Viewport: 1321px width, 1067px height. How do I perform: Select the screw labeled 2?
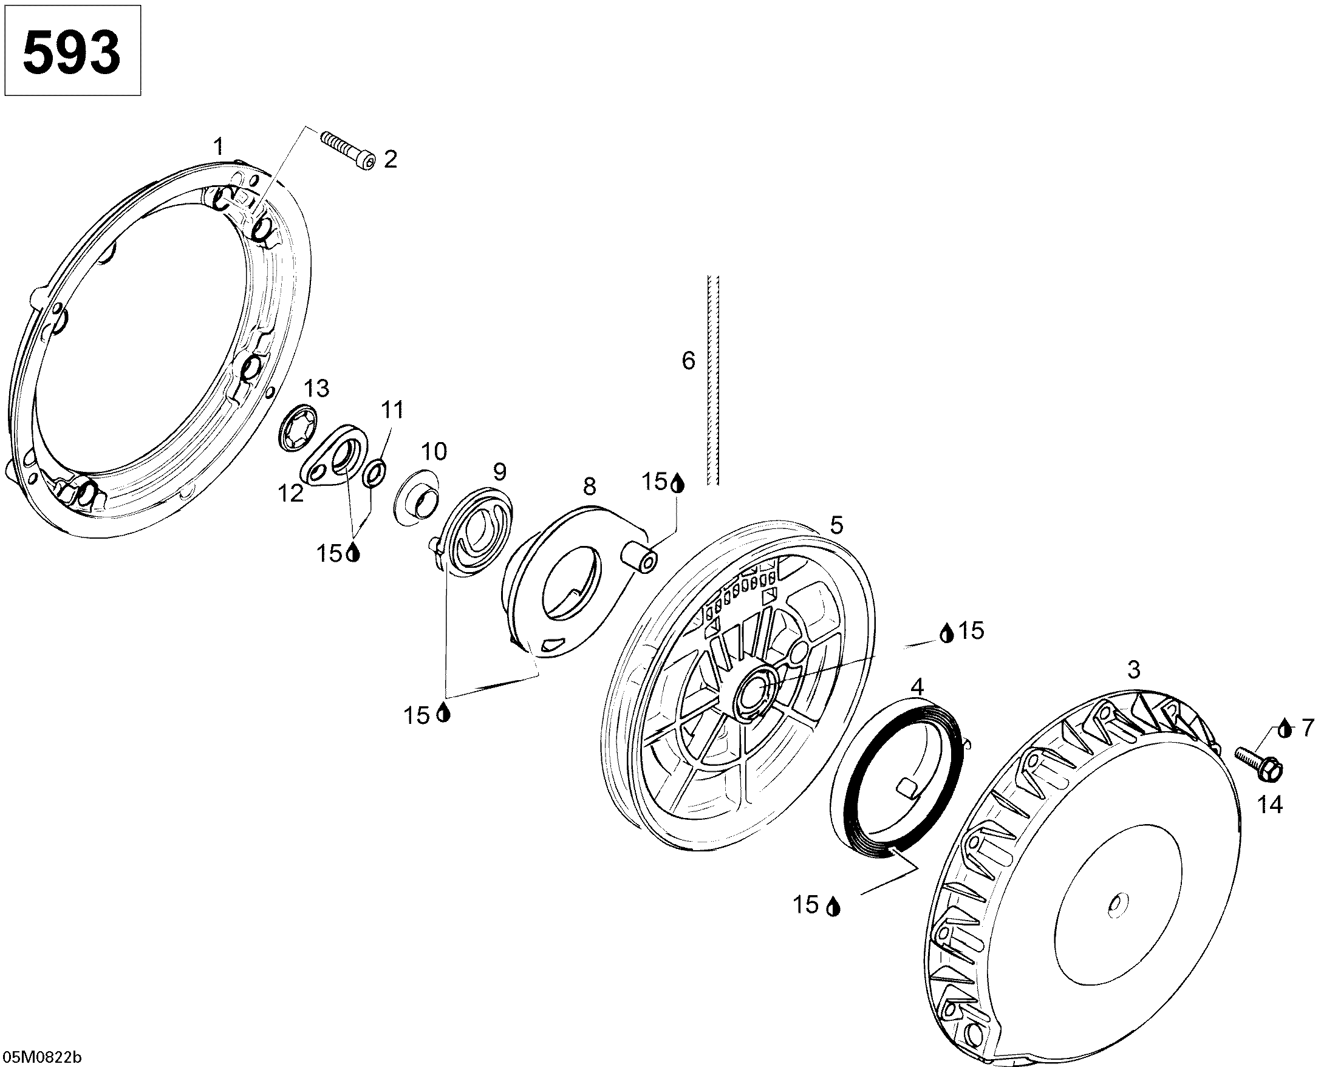(x=347, y=149)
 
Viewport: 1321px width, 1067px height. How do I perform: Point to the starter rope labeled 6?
(x=714, y=379)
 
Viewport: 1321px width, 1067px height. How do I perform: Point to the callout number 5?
(x=836, y=525)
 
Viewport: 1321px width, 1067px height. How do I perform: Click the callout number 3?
(x=1134, y=669)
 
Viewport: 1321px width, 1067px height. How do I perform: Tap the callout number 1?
(x=218, y=147)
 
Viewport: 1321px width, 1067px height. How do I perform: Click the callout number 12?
(x=291, y=493)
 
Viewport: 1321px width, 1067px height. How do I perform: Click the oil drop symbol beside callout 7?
(x=1285, y=729)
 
